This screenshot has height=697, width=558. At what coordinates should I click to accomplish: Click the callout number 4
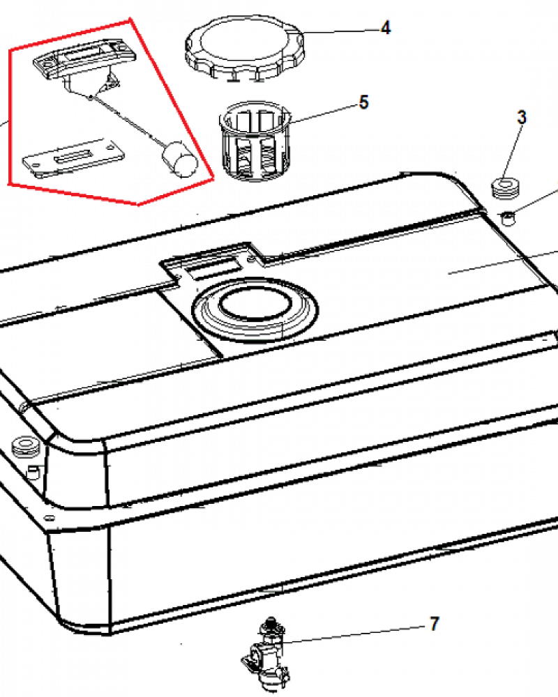point(386,28)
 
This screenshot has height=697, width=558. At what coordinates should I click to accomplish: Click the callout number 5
point(363,102)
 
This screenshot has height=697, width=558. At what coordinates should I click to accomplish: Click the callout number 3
point(522,117)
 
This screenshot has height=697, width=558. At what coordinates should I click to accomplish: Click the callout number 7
point(435,624)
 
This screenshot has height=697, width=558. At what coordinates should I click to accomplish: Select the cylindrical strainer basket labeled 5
point(254,141)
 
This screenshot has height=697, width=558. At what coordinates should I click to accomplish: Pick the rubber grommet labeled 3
point(506,187)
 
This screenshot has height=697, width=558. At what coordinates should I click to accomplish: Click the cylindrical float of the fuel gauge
point(179,159)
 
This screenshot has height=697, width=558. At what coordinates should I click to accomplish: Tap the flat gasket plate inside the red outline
point(74,158)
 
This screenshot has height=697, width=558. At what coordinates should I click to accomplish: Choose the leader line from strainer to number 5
point(324,112)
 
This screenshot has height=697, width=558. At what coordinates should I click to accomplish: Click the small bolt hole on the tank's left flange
point(50,518)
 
